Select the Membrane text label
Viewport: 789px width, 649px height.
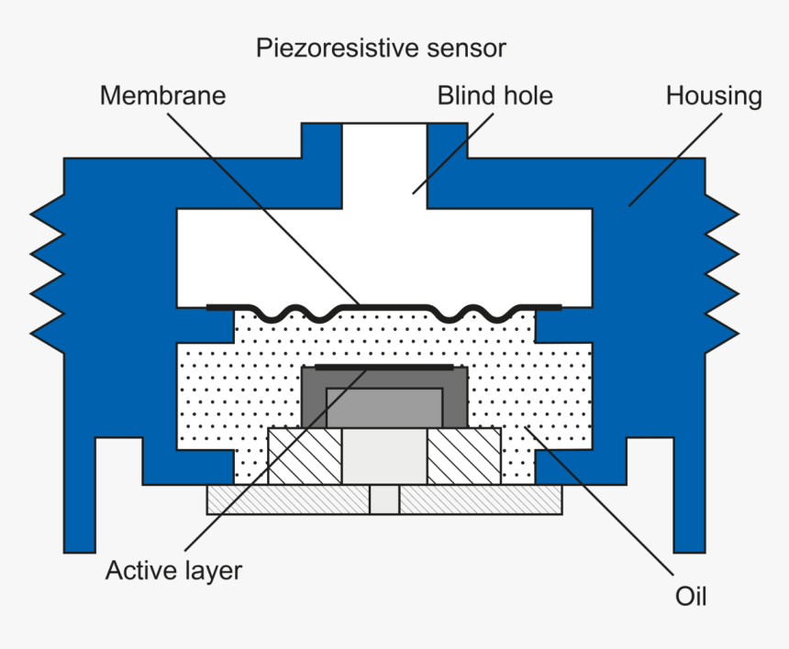click(x=162, y=95)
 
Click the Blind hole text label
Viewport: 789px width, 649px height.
click(x=495, y=95)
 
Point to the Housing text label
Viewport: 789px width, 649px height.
click(x=713, y=95)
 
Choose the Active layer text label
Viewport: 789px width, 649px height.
click(x=173, y=571)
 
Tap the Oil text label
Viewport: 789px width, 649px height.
click(x=691, y=597)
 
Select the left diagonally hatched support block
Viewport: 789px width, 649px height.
click(x=304, y=456)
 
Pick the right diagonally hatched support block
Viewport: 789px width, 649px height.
click(x=463, y=456)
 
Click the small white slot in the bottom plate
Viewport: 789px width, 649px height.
click(x=384, y=500)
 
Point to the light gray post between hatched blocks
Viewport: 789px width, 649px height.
click(x=384, y=456)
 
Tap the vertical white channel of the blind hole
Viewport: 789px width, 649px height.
click(x=384, y=165)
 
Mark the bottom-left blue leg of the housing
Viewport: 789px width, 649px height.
click(x=79, y=513)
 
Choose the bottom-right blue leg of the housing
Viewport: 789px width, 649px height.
click(x=689, y=513)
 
